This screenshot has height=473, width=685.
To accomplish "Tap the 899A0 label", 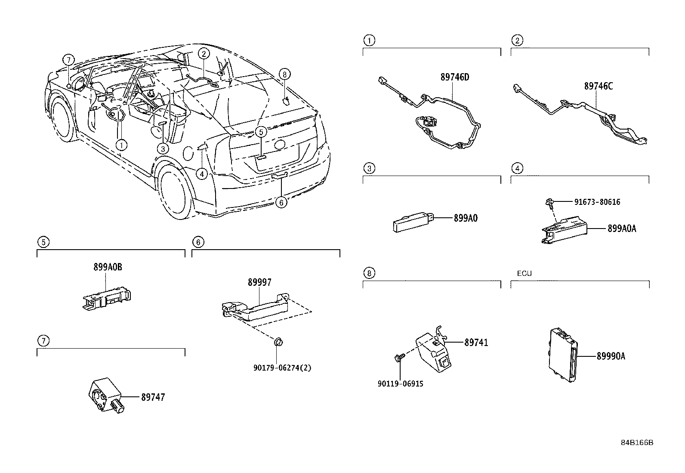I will [466, 218].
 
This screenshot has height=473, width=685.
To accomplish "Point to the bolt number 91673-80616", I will [597, 202].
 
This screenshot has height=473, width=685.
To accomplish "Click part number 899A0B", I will [108, 267].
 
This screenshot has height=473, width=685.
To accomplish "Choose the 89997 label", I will [259, 282].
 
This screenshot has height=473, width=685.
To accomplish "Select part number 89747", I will [153, 397].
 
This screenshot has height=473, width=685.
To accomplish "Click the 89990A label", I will [611, 356].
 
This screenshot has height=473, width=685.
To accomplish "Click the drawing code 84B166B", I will [636, 442].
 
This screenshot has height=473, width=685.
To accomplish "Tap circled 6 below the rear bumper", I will [281, 202].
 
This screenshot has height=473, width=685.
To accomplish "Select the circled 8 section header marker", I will [369, 273].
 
